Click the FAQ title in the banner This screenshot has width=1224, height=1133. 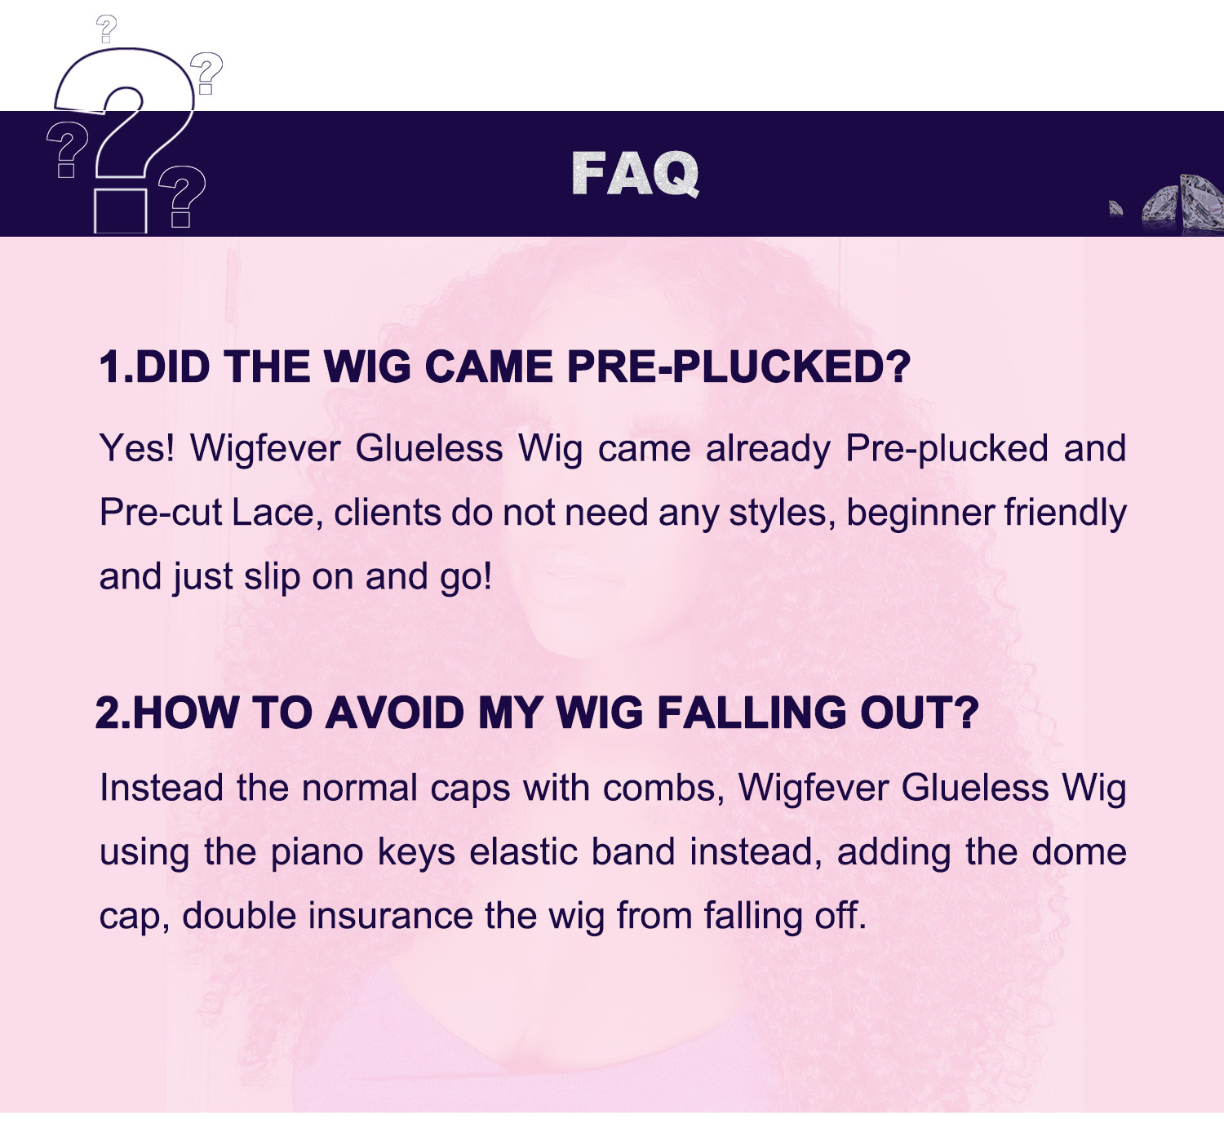pyautogui.click(x=636, y=173)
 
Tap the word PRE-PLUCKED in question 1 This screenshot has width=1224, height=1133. pyautogui.click(x=738, y=367)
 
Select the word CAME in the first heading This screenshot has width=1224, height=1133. pyautogui.click(x=489, y=367)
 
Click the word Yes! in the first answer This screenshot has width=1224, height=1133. pyautogui.click(x=137, y=448)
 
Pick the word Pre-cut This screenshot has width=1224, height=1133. pyautogui.click(x=160, y=513)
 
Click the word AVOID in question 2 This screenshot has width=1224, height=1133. pyautogui.click(x=394, y=713)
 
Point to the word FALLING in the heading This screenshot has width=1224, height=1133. pyautogui.click(x=752, y=713)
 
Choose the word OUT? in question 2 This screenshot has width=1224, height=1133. pyautogui.click(x=919, y=713)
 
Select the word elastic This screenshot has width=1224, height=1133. pyautogui.click(x=523, y=852)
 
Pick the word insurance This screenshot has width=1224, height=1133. pyautogui.click(x=390, y=916)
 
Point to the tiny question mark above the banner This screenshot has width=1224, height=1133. pyautogui.click(x=107, y=29)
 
